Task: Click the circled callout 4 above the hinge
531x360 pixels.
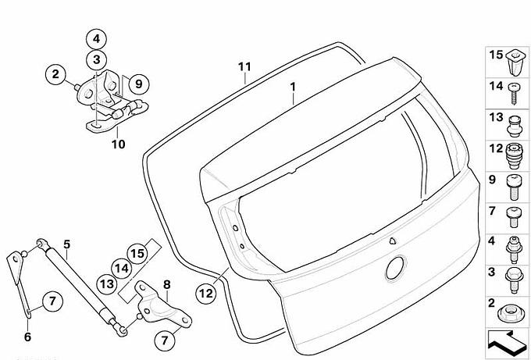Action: click(97, 39)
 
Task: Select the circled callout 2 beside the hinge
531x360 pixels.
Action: click(56, 74)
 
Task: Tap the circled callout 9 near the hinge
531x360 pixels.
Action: click(138, 84)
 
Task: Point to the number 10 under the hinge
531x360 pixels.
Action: click(119, 144)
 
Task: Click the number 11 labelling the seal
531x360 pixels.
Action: click(244, 66)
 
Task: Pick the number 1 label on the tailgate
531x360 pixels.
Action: click(293, 87)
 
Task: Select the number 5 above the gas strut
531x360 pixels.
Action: click(66, 244)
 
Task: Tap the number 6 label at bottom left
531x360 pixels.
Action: click(28, 337)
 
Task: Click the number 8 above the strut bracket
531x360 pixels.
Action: click(167, 285)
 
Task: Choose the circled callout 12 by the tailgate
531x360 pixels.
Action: click(206, 294)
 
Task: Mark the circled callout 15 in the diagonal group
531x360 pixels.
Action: click(137, 253)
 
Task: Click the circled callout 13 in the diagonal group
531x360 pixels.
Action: click(107, 283)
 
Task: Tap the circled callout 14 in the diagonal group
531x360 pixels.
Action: click(122, 269)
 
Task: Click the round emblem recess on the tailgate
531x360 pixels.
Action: click(395, 268)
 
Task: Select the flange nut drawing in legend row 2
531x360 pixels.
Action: click(511, 313)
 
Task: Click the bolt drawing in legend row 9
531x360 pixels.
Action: click(513, 187)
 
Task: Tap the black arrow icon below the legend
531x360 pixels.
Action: click(507, 343)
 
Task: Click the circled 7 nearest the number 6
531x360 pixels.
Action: click(52, 301)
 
